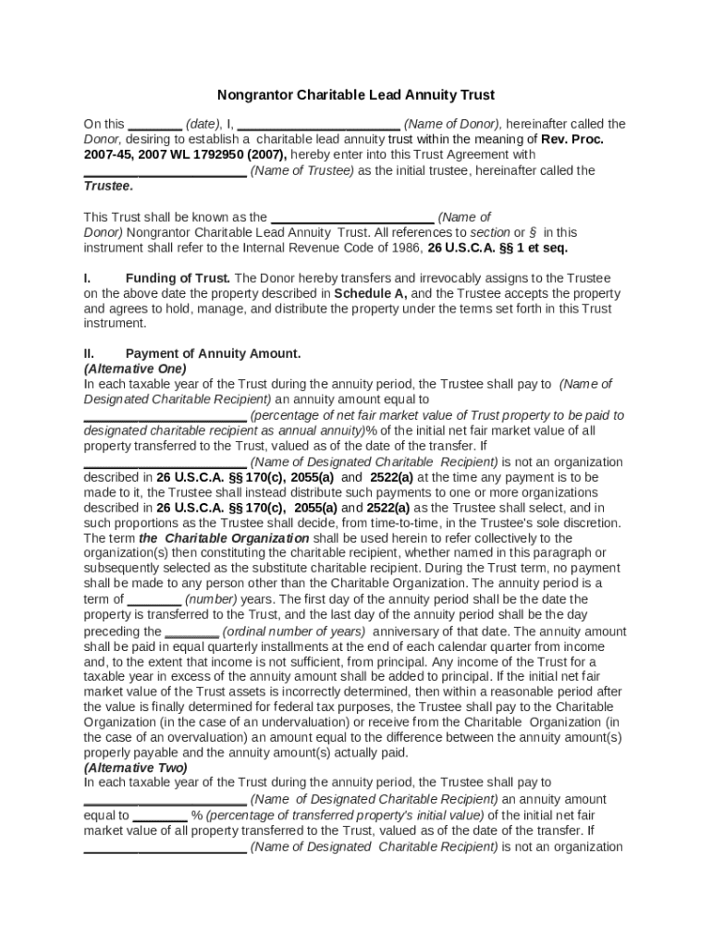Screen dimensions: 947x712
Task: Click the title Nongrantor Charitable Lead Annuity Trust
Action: pos(356,94)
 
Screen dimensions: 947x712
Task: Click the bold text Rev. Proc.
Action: pos(572,139)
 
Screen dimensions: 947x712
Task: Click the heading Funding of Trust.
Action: pos(178,277)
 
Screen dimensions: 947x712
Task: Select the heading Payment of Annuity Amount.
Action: pos(213,353)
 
